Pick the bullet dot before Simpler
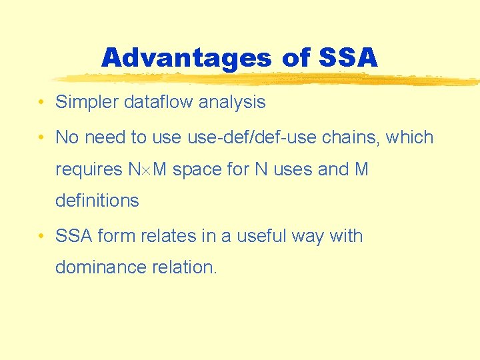(x=41, y=103)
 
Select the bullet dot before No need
(x=41, y=138)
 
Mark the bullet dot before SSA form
(x=41, y=236)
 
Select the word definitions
(x=97, y=201)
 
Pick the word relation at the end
(x=187, y=267)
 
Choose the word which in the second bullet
(x=410, y=137)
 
